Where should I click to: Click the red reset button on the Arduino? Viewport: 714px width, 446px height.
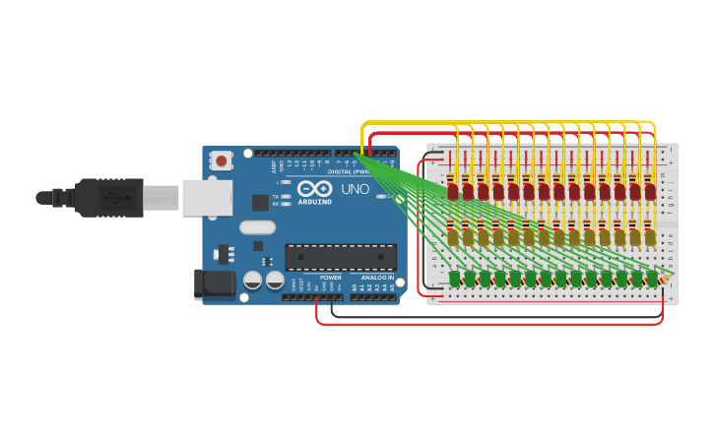pyautogui.click(x=222, y=160)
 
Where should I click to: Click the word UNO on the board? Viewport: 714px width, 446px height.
pyautogui.click(x=355, y=189)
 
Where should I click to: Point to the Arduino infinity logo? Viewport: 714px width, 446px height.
pyautogui.click(x=314, y=188)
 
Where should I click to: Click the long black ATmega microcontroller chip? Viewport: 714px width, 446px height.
pyautogui.click(x=341, y=257)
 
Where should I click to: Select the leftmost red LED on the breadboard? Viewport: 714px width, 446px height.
pyautogui.click(x=453, y=192)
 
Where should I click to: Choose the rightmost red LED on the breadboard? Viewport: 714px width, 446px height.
pyautogui.click(x=650, y=192)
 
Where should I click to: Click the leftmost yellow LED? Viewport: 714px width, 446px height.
pyautogui.click(x=453, y=236)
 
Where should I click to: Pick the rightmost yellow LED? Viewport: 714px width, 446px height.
pyautogui.click(x=650, y=236)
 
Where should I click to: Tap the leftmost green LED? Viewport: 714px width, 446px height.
pyautogui.click(x=455, y=280)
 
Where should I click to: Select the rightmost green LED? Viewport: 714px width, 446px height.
pyautogui.click(x=652, y=280)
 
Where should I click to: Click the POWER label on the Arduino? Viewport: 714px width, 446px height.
pyautogui.click(x=331, y=278)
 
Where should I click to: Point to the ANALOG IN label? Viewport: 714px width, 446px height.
pyautogui.click(x=376, y=278)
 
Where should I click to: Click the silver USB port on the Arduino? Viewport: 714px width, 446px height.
pyautogui.click(x=207, y=198)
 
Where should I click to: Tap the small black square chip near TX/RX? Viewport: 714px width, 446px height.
pyautogui.click(x=261, y=202)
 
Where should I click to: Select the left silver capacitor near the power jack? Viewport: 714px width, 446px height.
pyautogui.click(x=253, y=282)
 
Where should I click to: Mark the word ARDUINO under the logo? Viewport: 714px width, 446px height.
pyautogui.click(x=314, y=201)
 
